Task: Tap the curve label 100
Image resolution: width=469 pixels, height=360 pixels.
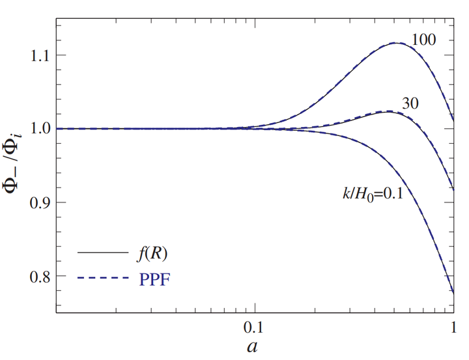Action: point(424,40)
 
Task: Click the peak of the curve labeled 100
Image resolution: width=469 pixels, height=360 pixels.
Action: point(397,43)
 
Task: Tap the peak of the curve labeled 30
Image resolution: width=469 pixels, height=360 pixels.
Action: point(388,111)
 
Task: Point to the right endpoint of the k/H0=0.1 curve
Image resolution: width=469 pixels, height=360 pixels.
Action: point(453,293)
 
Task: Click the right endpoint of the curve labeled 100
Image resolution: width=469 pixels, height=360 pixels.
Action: point(453,120)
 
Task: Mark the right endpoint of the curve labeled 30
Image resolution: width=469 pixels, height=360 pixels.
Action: point(453,189)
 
